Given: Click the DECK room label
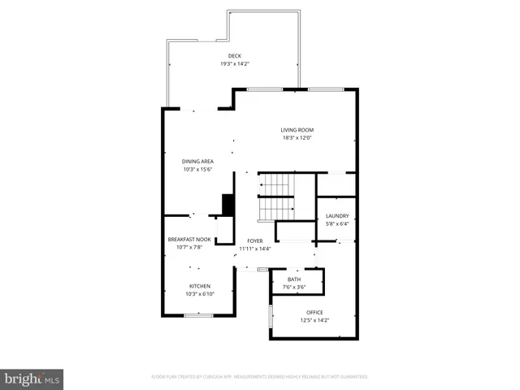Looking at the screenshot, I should coord(235,56).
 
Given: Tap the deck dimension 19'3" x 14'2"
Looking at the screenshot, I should coord(235,63).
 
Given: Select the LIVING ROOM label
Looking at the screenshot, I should coord(297,130).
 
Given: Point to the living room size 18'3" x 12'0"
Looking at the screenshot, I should coord(297,137).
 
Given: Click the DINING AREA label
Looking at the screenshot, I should coord(197,162).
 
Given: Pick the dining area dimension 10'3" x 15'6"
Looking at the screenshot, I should coord(197,169).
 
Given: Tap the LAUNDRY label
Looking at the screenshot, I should coord(336,216).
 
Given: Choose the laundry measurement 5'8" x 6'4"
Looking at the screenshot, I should coord(336,223).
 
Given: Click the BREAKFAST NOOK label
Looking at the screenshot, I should coord(188,240).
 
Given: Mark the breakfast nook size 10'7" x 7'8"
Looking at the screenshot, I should coord(188,247).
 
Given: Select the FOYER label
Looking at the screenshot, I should coord(255,241).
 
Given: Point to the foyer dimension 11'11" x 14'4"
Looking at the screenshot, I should coord(255,249).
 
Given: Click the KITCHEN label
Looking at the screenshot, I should coord(200,286).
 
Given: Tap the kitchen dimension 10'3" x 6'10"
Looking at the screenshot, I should coord(200,293).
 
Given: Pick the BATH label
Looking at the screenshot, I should coord(293,279).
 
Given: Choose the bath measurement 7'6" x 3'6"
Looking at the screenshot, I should coord(293,287).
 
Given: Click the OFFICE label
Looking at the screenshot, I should coord(314,313).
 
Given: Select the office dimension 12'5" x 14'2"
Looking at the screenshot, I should coord(314,320).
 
